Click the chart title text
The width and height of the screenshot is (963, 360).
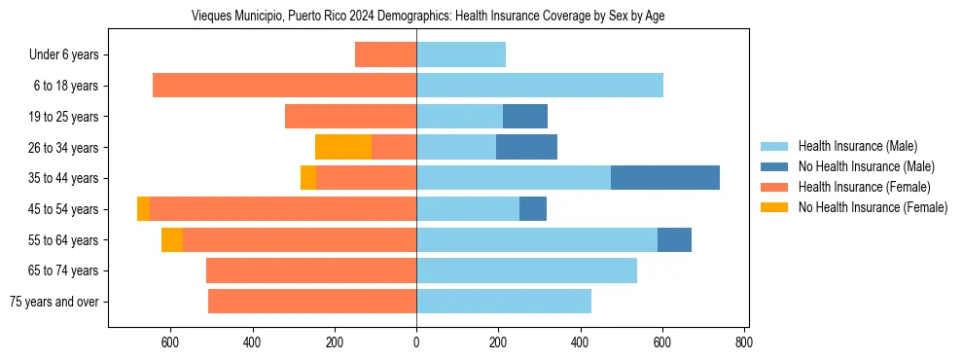click(428, 17)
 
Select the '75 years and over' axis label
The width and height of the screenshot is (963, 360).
click(53, 302)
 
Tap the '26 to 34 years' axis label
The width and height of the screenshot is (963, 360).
click(64, 148)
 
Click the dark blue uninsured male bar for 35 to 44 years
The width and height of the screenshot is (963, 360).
click(665, 178)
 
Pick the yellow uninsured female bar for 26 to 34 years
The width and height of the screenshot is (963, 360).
click(343, 148)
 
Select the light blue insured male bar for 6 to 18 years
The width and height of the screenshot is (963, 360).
click(540, 86)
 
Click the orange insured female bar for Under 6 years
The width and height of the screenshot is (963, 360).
click(385, 55)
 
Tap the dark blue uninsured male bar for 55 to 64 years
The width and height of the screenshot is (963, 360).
click(674, 240)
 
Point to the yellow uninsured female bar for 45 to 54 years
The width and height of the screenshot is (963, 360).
click(143, 209)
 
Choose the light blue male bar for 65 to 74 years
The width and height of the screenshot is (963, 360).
click(526, 270)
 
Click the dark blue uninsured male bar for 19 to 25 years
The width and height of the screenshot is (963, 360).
click(525, 117)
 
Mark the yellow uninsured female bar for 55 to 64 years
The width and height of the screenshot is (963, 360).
click(172, 240)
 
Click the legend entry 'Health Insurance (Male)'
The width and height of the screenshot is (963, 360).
click(857, 146)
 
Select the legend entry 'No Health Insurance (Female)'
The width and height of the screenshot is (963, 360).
click(873, 207)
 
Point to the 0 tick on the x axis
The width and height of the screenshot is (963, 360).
click(416, 342)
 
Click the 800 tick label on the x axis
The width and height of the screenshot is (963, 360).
click(744, 342)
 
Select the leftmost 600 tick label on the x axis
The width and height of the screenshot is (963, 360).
click(170, 342)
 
